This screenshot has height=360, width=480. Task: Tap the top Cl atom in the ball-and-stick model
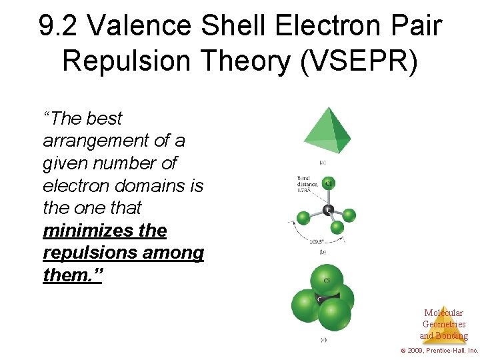327,183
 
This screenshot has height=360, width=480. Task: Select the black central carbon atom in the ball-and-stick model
327,210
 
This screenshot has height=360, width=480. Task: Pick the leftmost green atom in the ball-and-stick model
303,217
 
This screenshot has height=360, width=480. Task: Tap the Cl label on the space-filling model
327,280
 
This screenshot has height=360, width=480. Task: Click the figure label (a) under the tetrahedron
323,162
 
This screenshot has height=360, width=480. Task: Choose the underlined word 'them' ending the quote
69,275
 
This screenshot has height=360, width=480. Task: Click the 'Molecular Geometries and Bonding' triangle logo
443,324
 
